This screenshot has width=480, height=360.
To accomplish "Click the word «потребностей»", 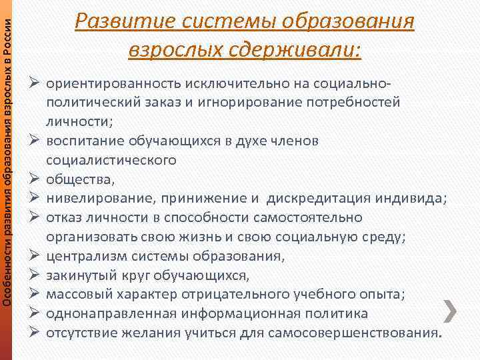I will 357,103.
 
